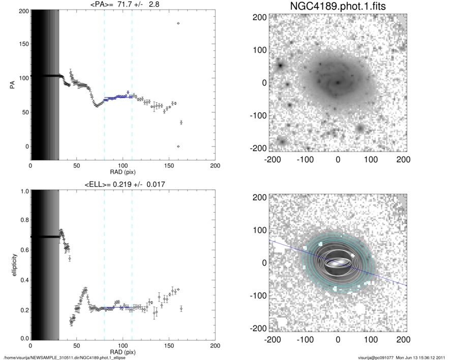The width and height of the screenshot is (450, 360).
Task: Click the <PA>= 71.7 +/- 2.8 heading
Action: [x=123, y=5]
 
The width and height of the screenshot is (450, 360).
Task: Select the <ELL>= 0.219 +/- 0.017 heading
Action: [x=123, y=184]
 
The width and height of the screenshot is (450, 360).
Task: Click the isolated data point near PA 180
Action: [x=178, y=23]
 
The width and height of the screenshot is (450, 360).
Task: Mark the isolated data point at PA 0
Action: [x=178, y=146]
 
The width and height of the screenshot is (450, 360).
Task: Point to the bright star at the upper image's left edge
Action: [x=279, y=65]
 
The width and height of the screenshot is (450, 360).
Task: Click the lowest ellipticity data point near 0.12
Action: [x=71, y=321]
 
